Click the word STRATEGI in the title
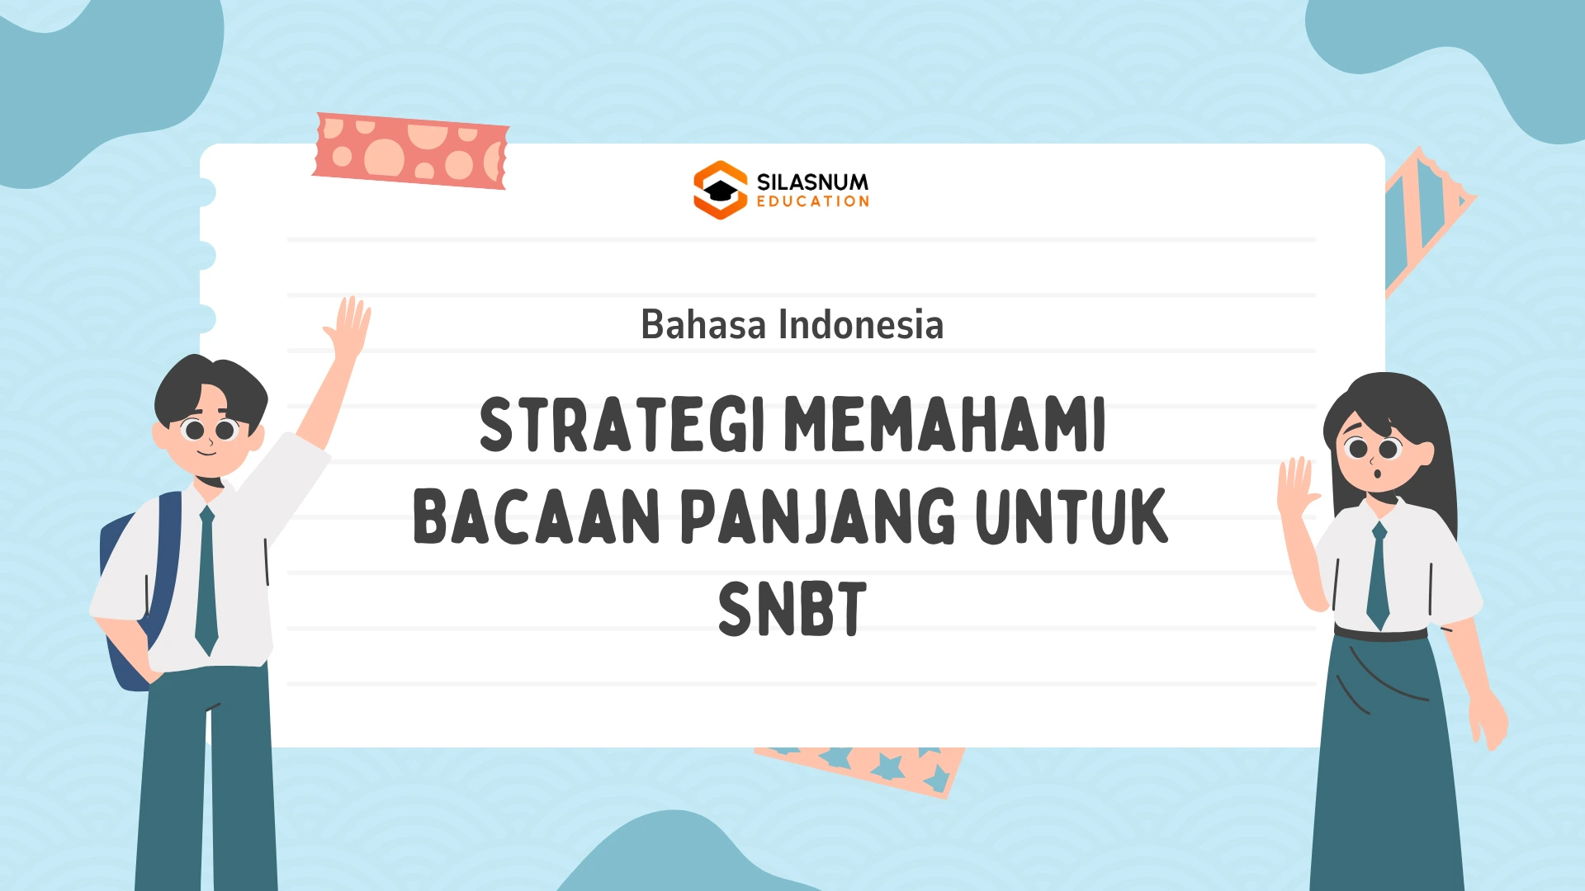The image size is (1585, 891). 622,424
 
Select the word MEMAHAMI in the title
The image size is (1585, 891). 944,424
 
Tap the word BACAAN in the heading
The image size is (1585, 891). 537,516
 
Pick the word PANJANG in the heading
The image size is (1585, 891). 818,516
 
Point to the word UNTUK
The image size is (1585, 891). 1072,516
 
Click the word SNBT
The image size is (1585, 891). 792,609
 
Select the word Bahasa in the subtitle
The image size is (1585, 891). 703,324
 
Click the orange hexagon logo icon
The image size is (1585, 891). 720,190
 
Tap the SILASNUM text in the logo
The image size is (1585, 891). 812,181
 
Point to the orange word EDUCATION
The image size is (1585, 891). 813,201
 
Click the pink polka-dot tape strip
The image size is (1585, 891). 410,152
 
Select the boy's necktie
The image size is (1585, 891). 206,581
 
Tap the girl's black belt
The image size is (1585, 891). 1380,634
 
